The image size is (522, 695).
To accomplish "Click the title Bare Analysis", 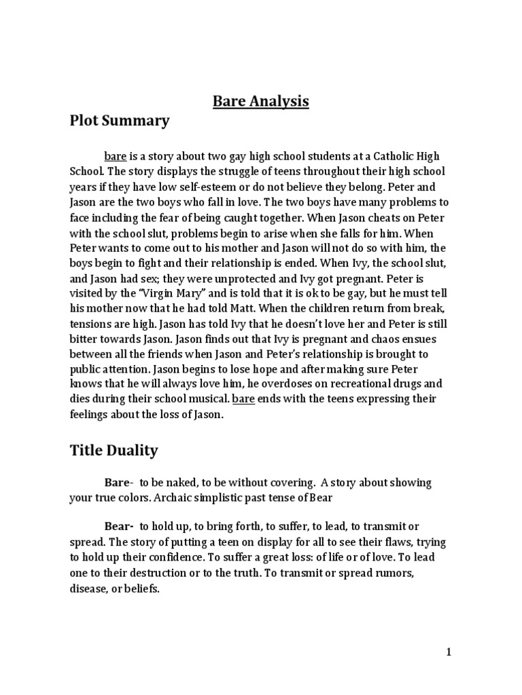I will [x=261, y=101].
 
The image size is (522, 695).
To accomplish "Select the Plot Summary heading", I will [x=120, y=121].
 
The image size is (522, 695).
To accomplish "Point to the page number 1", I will [x=449, y=652].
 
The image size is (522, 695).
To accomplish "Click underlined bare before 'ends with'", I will [x=243, y=399].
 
